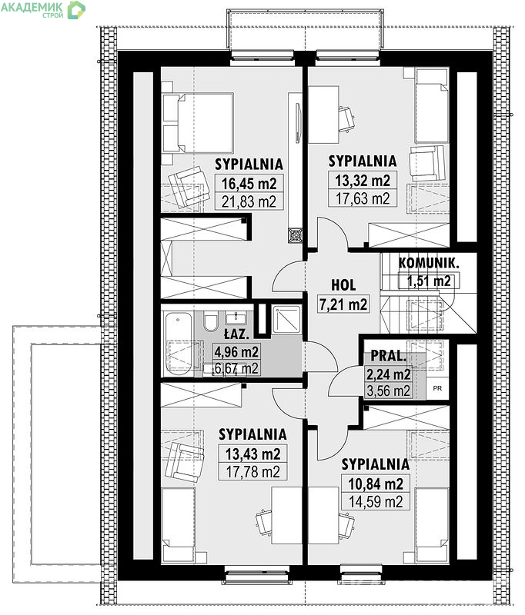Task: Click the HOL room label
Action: tap(343, 285)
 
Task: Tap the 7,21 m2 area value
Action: tap(343, 304)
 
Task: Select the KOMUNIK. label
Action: tap(429, 263)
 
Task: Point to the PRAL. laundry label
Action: tap(389, 356)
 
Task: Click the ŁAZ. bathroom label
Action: tap(236, 334)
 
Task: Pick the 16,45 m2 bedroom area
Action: tap(249, 183)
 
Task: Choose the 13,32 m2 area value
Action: tap(363, 181)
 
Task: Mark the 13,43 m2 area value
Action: tap(252, 454)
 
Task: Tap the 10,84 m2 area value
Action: tap(376, 484)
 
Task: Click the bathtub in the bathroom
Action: tap(179, 344)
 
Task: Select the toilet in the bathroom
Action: tap(211, 321)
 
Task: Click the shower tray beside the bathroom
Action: tap(286, 320)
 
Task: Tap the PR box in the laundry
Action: tap(437, 388)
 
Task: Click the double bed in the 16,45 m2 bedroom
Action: tap(199, 123)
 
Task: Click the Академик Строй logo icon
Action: tap(76, 10)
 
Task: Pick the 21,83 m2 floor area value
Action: tap(249, 201)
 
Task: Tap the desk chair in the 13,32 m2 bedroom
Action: tap(346, 118)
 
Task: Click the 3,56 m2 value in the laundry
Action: tap(388, 391)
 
